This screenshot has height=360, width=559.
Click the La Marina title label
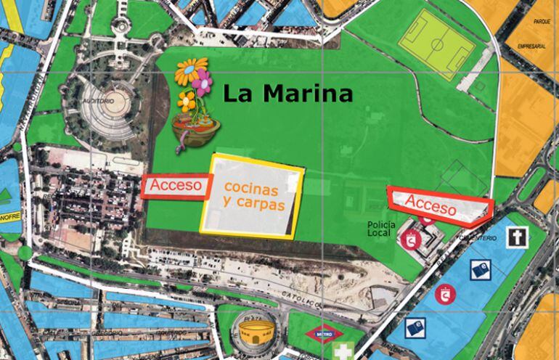click(287, 94)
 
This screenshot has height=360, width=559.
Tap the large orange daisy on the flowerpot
click(191, 71)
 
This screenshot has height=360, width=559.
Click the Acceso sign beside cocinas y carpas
click(175, 186)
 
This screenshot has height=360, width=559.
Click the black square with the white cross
click(516, 239)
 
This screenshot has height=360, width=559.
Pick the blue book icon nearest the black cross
click(478, 270)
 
